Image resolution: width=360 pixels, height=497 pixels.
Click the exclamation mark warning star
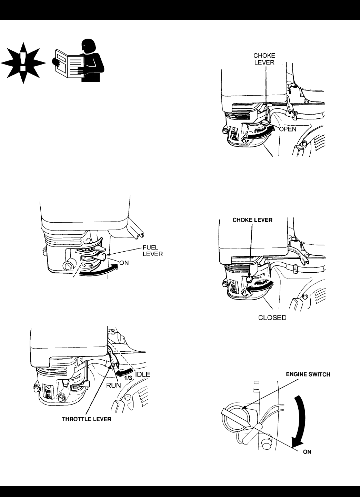pyautogui.click(x=23, y=63)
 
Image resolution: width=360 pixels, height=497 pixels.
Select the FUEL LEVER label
pyautogui.click(x=153, y=251)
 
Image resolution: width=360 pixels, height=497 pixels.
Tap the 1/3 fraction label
pyautogui.click(x=129, y=378)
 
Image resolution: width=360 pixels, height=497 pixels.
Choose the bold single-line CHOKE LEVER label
pyautogui.click(x=252, y=220)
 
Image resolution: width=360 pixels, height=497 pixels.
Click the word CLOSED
pyautogui.click(x=272, y=318)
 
